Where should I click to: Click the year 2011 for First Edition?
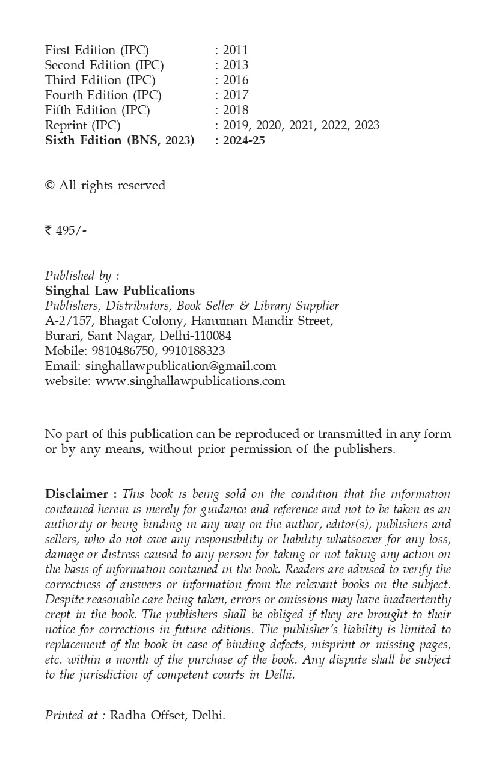pyautogui.click(x=235, y=50)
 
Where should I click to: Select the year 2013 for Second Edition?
pyautogui.click(x=235, y=65)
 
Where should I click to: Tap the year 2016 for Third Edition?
pyautogui.click(x=235, y=80)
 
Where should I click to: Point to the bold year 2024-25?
pyautogui.click(x=243, y=140)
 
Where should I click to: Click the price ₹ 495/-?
pyautogui.click(x=66, y=230)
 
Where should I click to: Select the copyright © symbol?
pyautogui.click(x=50, y=186)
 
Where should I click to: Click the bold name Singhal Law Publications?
pyautogui.click(x=120, y=291)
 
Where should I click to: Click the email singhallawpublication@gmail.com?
pyautogui.click(x=180, y=366)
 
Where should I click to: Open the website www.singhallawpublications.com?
pyautogui.click(x=190, y=381)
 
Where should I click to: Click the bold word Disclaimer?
pyautogui.click(x=76, y=494)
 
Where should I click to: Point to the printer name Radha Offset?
pyautogui.click(x=148, y=716)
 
